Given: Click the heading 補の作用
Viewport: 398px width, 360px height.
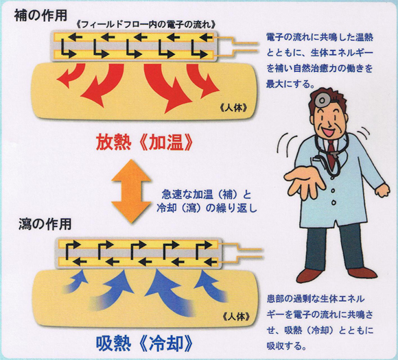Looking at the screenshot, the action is pyautogui.click(x=40, y=16).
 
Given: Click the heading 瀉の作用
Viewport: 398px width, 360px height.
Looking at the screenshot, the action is pyautogui.click(x=45, y=224).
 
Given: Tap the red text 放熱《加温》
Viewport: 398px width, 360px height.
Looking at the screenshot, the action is pyautogui.click(x=144, y=143).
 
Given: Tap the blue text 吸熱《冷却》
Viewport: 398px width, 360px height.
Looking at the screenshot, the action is pyautogui.click(x=144, y=344).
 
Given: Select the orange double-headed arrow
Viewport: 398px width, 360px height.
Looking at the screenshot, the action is pyautogui.click(x=131, y=191).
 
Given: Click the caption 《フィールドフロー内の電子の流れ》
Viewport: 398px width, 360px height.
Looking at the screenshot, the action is pyautogui.click(x=146, y=25).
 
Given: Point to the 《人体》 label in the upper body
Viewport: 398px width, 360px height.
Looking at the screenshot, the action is pyautogui.click(x=233, y=108).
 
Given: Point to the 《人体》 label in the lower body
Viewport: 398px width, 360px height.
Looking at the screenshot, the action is pyautogui.click(x=236, y=317).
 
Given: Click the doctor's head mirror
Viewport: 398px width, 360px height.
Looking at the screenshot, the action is pyautogui.click(x=321, y=100).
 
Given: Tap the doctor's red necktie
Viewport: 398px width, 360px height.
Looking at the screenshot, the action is pyautogui.click(x=331, y=154).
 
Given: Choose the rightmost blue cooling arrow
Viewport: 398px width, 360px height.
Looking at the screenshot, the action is pyautogui.click(x=211, y=285).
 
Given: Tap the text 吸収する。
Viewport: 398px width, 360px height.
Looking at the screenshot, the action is pyautogui.click(x=286, y=346).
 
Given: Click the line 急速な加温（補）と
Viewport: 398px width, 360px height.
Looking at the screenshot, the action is pyautogui.click(x=206, y=195).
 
